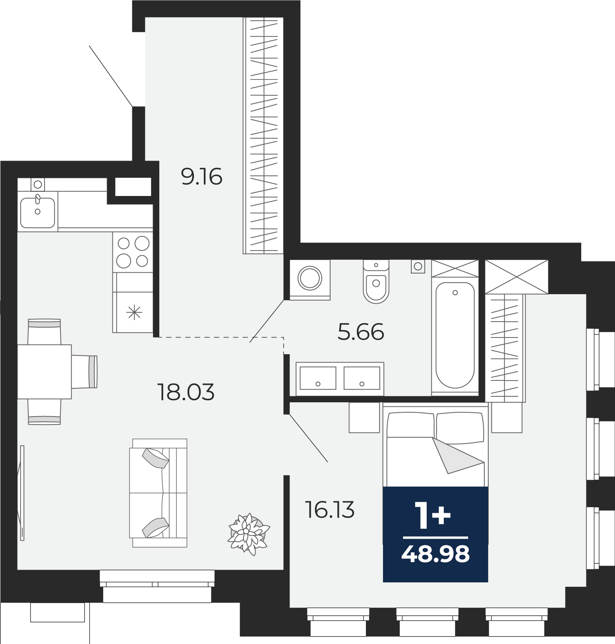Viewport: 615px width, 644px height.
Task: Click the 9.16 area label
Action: (201, 177)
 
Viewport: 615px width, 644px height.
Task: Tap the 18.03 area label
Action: (186, 392)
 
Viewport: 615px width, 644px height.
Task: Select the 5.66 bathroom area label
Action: (361, 332)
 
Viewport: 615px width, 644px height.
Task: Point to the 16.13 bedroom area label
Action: (329, 510)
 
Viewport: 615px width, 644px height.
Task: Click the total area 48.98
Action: (435, 554)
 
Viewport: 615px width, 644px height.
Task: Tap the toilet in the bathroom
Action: (376, 281)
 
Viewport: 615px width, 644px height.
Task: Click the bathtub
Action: (455, 335)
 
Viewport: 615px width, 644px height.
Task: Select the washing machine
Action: (310, 279)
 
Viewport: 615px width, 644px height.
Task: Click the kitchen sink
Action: (37, 213)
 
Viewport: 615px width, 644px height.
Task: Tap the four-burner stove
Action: (133, 252)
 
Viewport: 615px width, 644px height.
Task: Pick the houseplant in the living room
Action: (249, 533)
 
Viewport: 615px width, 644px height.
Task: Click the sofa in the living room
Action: (159, 493)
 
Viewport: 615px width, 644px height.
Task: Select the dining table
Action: (44, 372)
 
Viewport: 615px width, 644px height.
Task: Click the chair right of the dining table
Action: (84, 372)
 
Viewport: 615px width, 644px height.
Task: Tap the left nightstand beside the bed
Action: (364, 417)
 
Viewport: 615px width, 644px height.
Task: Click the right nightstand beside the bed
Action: (507, 417)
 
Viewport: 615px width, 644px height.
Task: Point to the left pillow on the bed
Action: (411, 425)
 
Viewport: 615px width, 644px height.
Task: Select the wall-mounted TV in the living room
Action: (21, 493)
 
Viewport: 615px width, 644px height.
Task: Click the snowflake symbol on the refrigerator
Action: (134, 312)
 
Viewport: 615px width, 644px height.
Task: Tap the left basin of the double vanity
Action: (318, 378)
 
